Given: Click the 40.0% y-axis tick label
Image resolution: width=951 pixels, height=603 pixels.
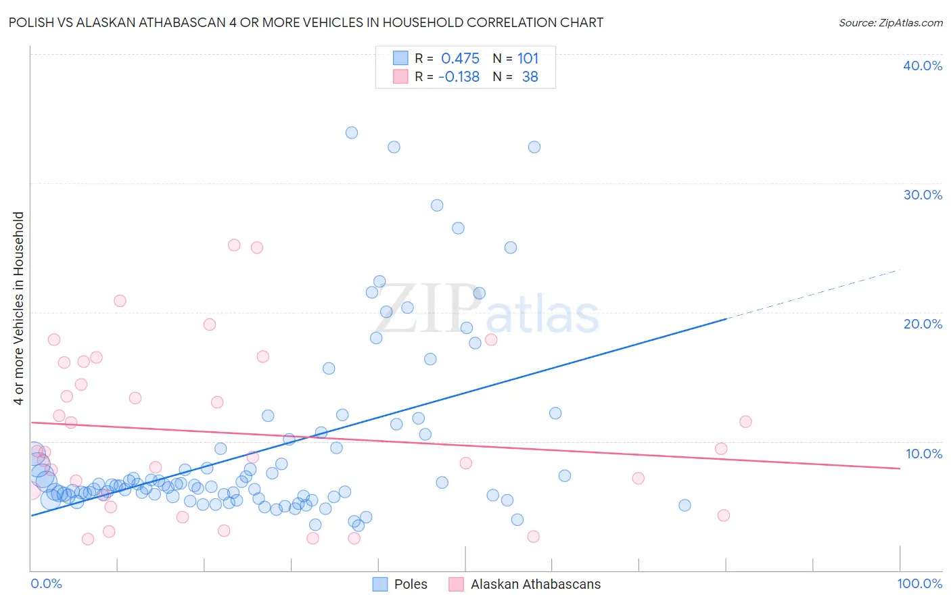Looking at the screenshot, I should (x=923, y=66).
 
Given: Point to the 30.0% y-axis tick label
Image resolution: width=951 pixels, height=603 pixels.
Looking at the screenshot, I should (x=923, y=195).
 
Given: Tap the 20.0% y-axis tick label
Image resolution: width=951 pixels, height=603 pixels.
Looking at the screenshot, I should (x=923, y=324).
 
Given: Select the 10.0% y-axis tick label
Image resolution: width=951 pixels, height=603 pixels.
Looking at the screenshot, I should (x=924, y=454).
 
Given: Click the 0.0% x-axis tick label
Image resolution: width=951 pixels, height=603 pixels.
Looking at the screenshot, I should (x=46, y=583).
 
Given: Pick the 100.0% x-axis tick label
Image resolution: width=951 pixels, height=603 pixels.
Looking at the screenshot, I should (x=919, y=583).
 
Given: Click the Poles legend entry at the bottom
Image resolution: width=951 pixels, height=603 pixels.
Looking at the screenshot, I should (x=410, y=584).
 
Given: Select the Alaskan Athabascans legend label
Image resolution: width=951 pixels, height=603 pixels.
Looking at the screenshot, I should (x=535, y=584).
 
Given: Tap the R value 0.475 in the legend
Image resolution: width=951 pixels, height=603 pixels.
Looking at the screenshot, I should (x=460, y=59).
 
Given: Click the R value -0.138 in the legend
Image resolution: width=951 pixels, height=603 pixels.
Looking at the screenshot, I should (x=459, y=77).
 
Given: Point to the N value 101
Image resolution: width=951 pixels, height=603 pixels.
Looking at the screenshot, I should (x=528, y=59).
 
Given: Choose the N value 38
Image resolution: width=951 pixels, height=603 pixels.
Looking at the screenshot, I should (x=530, y=77).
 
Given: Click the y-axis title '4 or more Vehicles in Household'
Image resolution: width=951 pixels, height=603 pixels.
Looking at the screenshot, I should (x=19, y=308).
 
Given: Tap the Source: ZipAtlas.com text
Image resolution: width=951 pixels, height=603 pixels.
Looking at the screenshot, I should (x=890, y=23).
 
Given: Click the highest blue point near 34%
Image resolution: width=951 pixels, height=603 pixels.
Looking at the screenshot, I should (x=352, y=132).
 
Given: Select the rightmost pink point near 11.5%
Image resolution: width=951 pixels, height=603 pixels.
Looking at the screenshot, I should (x=745, y=422).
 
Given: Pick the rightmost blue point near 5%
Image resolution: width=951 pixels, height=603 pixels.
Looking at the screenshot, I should (x=685, y=505).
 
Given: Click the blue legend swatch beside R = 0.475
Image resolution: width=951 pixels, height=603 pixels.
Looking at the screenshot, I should (x=400, y=58).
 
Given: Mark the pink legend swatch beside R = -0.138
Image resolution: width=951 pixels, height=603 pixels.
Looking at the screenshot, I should (x=400, y=76).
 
